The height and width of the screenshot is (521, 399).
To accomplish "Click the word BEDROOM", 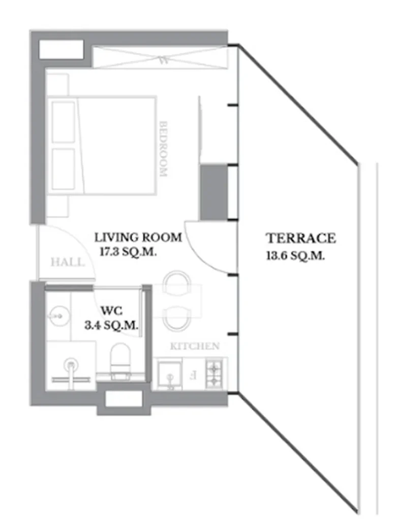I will pos(163,149).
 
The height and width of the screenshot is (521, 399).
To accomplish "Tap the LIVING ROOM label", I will pos(138,237).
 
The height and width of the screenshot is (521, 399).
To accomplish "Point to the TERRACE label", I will pos(301,238).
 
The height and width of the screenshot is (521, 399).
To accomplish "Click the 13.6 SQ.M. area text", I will pos(295,256).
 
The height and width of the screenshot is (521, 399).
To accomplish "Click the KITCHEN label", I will pos(194,346).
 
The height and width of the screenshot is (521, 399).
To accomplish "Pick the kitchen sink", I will pos(170,377).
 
